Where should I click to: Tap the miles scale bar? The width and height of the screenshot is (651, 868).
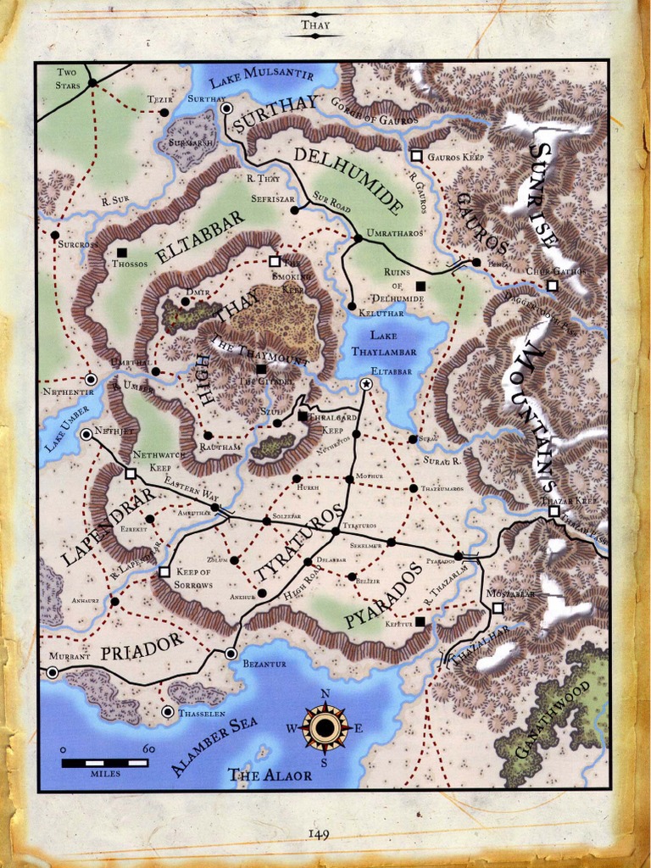[105, 763]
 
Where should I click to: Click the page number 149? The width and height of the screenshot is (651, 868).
[318, 834]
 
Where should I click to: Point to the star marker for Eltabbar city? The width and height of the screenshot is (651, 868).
[366, 384]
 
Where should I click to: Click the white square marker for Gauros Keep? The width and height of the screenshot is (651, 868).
[416, 156]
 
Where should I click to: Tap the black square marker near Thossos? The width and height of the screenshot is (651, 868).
[122, 252]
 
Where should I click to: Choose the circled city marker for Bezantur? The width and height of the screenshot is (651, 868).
[231, 653]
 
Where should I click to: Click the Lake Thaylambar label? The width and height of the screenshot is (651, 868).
[391, 343]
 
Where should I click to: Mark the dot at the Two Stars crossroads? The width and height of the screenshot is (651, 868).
[92, 82]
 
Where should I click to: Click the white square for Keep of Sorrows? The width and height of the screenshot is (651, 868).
[164, 572]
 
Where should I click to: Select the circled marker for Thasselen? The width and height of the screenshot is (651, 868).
[168, 712]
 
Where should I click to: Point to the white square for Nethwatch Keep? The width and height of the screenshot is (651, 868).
[131, 474]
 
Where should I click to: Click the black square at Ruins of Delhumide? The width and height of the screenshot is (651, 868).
[420, 286]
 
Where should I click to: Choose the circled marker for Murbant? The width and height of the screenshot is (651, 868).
[53, 672]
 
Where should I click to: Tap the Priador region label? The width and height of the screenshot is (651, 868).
[142, 646]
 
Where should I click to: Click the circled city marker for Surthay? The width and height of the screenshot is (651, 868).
[226, 108]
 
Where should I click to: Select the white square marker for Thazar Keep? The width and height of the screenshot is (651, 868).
[554, 511]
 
